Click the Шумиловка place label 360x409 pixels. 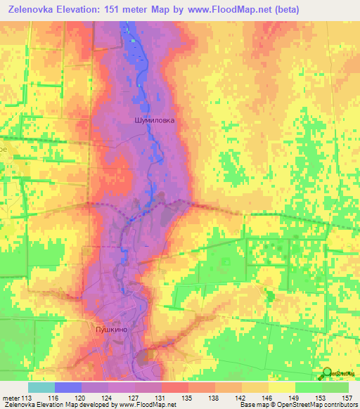point(154,120)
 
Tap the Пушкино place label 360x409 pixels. point(109,328)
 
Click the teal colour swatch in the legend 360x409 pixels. point(41,387)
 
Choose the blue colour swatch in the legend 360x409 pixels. point(67,387)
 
